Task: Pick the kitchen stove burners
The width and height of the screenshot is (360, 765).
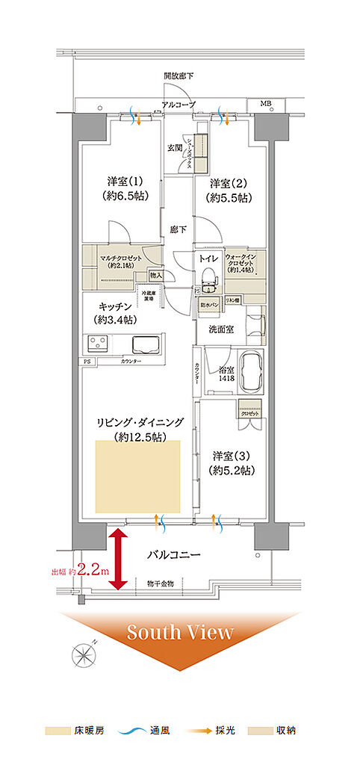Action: (97, 344)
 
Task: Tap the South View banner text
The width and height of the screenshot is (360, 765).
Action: (179, 633)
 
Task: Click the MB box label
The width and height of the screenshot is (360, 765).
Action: (266, 102)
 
